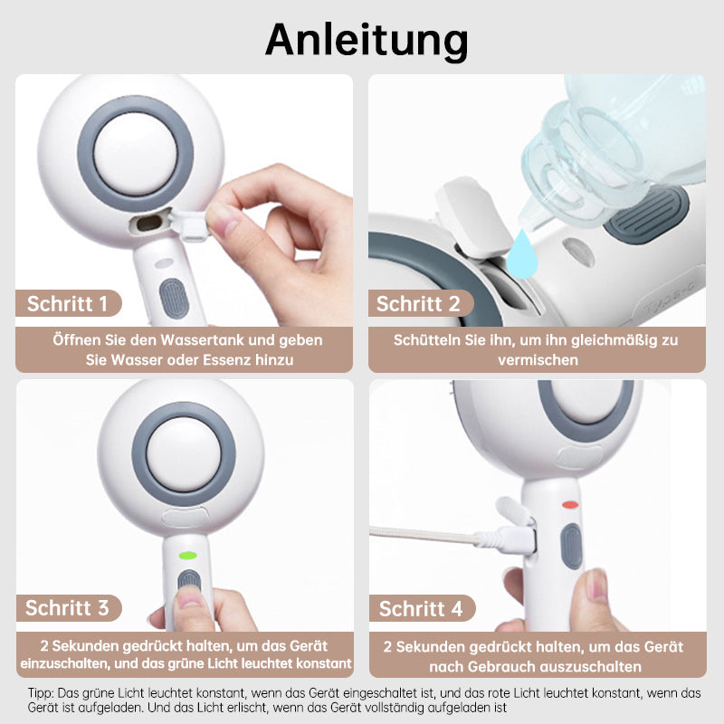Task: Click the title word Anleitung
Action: pos(367,41)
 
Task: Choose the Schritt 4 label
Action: pos(421,608)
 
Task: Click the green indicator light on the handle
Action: pos(188,555)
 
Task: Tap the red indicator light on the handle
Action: pos(570,505)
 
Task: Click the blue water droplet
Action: pos(522,255)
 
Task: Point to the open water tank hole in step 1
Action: pos(148,223)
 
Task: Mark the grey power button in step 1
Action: pos(174,299)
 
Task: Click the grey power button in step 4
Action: pos(572,547)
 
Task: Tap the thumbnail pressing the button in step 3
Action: pos(190,596)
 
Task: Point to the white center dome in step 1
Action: pos(135,154)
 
